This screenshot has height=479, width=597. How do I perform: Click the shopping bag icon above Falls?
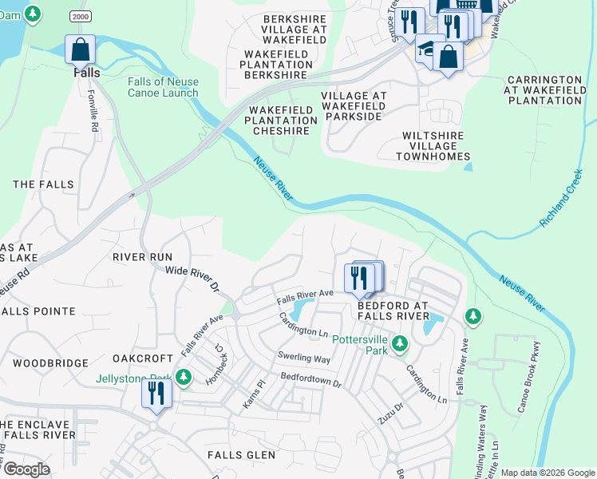(81, 49)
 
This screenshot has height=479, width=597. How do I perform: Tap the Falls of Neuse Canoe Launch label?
(162, 87)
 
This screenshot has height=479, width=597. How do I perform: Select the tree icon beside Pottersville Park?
(400, 345)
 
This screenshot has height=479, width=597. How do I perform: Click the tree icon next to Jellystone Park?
(184, 376)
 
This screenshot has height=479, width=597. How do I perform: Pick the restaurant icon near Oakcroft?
(156, 394)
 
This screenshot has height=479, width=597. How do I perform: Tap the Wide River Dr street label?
(192, 278)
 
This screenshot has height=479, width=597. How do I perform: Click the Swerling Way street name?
(303, 359)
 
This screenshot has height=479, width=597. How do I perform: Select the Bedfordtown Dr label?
(310, 380)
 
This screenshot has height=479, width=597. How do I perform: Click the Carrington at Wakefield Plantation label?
(544, 90)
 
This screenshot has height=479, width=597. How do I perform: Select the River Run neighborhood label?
(142, 257)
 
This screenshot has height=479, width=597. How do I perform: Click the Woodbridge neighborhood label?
(49, 362)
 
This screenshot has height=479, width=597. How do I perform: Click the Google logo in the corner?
(26, 469)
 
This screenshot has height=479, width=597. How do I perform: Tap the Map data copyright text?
(547, 473)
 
